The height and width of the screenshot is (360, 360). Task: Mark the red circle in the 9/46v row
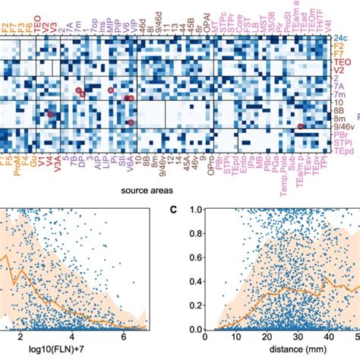point(301,127)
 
